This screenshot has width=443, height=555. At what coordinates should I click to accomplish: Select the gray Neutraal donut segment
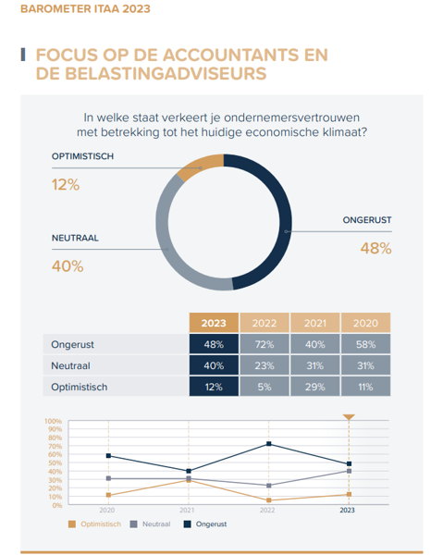tap(169, 248)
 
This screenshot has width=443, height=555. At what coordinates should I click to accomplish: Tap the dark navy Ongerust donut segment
tap(279, 213)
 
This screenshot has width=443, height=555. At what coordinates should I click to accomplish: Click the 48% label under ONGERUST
tap(375, 249)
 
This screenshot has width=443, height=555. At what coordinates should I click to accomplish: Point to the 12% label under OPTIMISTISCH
tap(66, 185)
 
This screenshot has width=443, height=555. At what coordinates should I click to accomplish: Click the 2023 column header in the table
tap(214, 323)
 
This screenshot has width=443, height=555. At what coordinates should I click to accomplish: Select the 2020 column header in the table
tap(365, 323)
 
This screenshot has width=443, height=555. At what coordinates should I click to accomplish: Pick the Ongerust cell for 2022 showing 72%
tap(265, 344)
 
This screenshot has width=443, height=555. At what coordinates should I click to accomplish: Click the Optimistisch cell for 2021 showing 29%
tap(315, 387)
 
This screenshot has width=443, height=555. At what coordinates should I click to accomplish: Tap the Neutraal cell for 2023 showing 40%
tap(214, 365)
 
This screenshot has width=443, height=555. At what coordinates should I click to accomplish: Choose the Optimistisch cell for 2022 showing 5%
tap(265, 387)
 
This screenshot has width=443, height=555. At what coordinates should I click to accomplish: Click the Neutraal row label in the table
tap(71, 365)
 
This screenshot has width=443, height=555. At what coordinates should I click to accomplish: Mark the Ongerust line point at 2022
tap(268, 443)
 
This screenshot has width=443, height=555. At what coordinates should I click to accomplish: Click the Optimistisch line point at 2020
tap(108, 495)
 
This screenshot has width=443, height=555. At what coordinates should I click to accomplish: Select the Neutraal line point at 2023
tap(349, 471)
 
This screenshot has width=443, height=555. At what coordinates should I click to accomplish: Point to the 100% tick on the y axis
tap(53, 421)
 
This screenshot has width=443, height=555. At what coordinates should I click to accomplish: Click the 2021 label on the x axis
tap(187, 510)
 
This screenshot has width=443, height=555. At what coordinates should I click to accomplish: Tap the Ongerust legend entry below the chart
tap(205, 524)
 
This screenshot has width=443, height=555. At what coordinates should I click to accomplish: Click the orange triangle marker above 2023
tap(349, 417)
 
